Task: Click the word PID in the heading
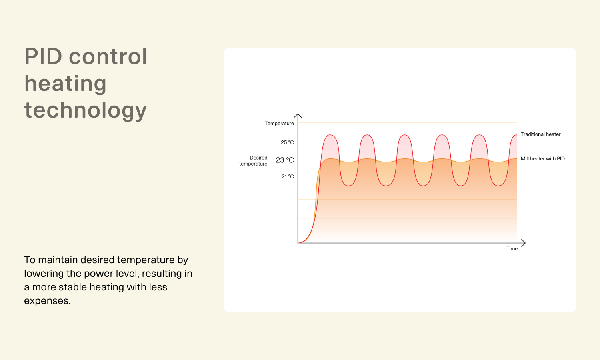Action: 43,56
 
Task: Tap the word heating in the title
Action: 65,84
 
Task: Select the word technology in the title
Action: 86,110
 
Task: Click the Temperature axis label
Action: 279,124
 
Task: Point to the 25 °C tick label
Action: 287,142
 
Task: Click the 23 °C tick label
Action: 285,160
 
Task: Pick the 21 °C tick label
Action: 288,176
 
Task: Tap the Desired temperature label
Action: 253,161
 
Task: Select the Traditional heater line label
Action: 540,134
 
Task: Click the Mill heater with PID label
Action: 543,158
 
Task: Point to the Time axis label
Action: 512,248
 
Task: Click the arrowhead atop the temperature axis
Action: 298,114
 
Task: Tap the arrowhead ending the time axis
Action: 525,243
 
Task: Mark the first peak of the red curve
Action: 330,135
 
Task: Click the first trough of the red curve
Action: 348,186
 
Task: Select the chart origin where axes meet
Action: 298,243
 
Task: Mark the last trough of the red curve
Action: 498,186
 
